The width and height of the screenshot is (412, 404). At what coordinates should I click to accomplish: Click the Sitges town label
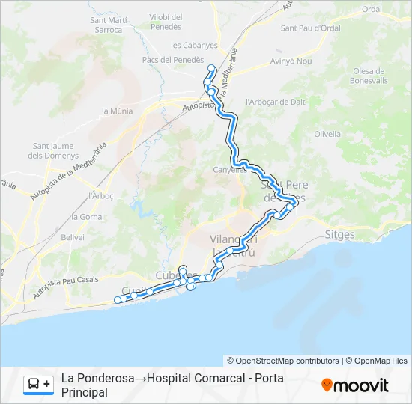click(x=340, y=234)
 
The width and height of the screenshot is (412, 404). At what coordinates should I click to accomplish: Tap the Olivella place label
click(x=327, y=135)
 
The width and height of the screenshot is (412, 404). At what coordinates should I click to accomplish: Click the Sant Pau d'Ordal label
click(x=311, y=28)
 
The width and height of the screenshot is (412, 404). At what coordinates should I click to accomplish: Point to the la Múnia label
click(x=116, y=111)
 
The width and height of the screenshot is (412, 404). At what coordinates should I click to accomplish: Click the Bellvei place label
click(x=73, y=236)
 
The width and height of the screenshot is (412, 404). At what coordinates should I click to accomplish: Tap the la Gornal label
click(x=88, y=217)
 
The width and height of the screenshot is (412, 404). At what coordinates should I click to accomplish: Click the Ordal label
click(x=372, y=9)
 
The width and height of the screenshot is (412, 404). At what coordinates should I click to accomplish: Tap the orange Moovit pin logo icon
click(x=327, y=385)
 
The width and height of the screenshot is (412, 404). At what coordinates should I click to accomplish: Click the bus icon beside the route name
click(x=34, y=384)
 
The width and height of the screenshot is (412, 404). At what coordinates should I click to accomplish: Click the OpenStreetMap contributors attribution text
click(x=283, y=361)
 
